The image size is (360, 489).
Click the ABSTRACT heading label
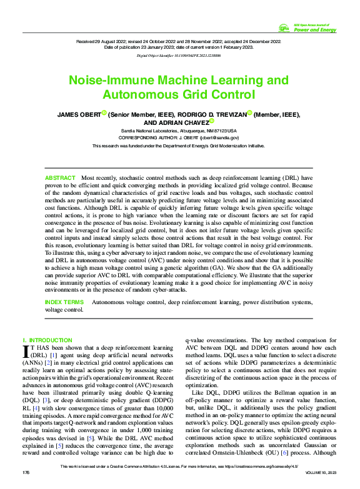click(x=60, y=179)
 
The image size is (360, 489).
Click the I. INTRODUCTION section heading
click(x=47, y=340)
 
